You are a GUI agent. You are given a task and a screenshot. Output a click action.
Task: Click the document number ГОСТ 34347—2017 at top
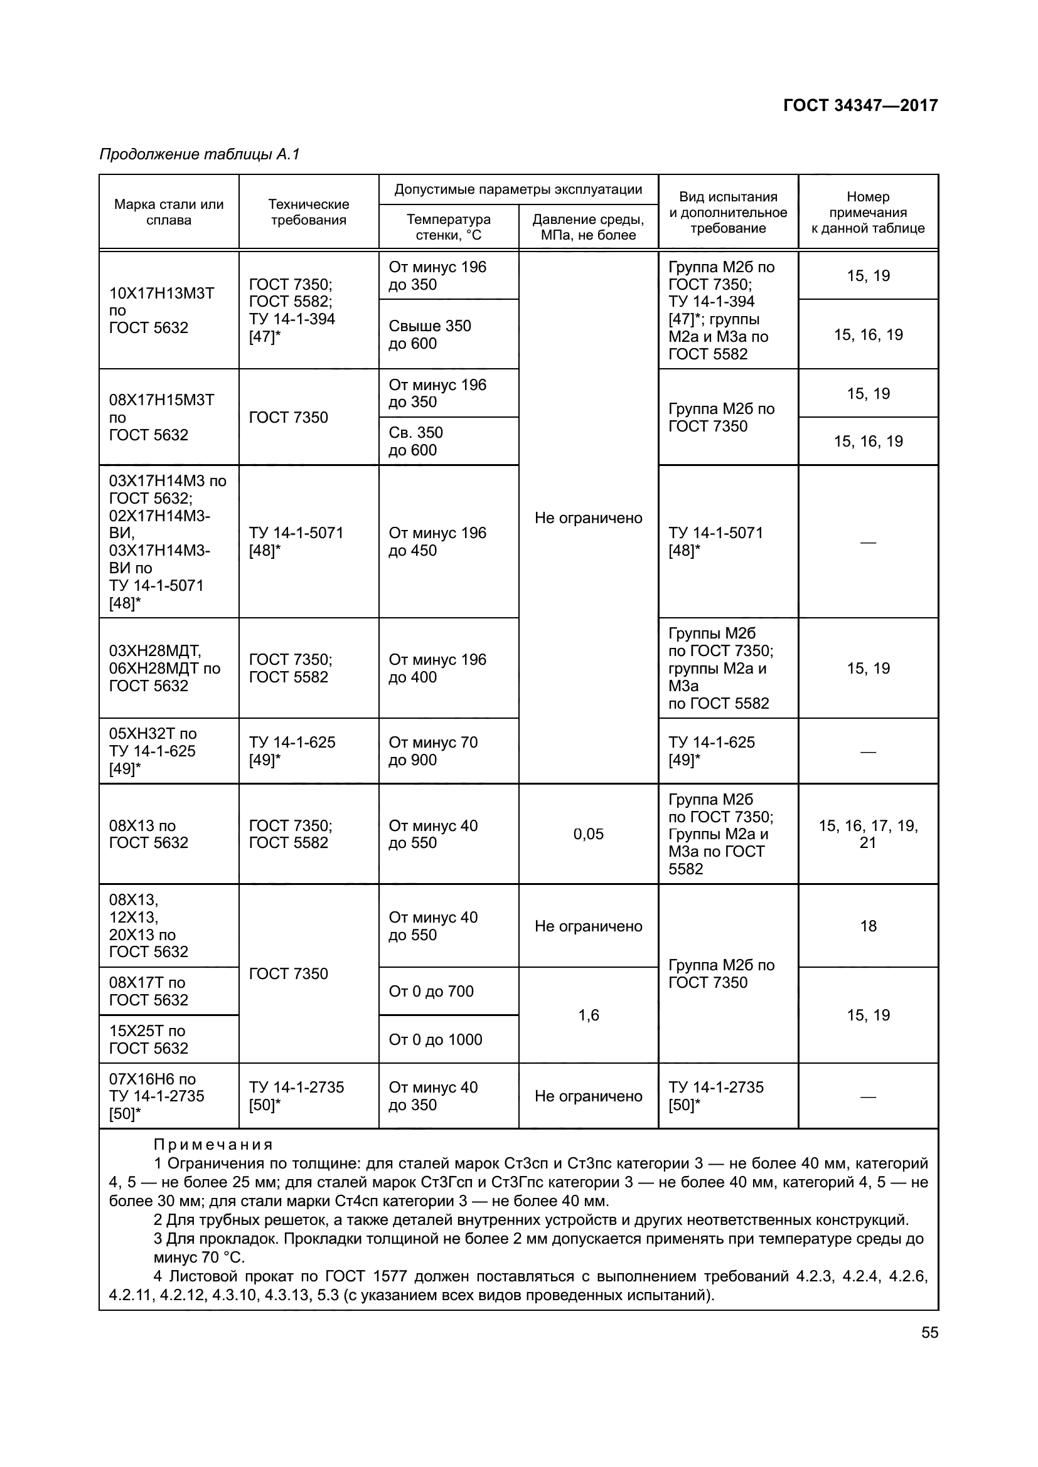pos(860,105)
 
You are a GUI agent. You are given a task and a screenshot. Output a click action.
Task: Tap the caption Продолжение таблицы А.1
pos(200,154)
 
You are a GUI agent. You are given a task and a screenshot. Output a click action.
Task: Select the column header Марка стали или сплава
pos(169,212)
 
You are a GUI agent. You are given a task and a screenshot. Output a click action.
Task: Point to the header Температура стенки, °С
pos(449,227)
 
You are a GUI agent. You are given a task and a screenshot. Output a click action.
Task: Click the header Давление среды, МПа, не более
pos(588,227)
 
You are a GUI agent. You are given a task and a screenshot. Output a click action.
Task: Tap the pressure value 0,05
pos(588,834)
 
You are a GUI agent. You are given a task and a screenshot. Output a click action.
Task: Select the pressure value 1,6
pos(588,1015)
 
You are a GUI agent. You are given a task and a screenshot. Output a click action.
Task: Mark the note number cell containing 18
pos(868,926)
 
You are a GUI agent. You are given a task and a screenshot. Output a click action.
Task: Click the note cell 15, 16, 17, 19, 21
pos(868,834)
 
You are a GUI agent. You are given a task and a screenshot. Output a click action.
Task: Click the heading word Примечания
pos(213,1145)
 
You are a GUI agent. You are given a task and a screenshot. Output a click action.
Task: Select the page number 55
pos(929,1332)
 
